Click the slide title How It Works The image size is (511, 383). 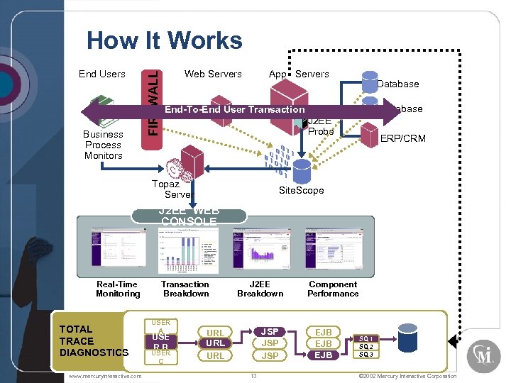(x=164, y=41)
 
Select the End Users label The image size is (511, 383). (x=101, y=74)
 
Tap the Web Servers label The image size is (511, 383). (x=213, y=74)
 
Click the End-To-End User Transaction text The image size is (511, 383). (x=234, y=110)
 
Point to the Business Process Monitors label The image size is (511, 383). (x=103, y=145)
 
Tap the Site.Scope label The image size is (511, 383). (x=301, y=190)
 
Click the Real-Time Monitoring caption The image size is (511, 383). (x=118, y=289)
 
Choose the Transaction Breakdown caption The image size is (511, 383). (x=185, y=289)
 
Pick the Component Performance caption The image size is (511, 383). (x=333, y=289)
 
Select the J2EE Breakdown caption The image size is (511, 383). (x=260, y=289)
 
